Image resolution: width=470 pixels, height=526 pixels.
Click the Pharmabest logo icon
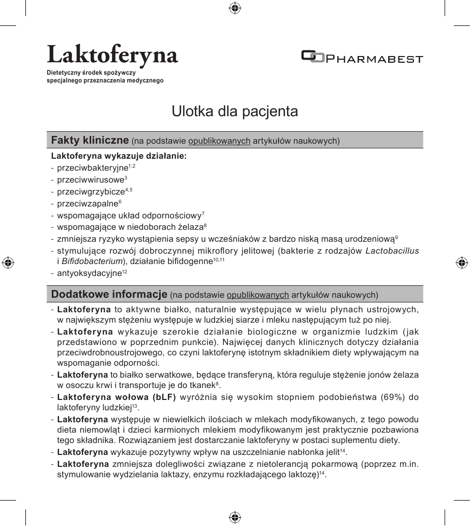[312, 57]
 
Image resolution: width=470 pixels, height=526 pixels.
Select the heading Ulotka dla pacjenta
[235, 112]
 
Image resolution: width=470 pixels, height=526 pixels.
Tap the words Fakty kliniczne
[90, 140]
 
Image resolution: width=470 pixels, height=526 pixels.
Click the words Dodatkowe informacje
[109, 295]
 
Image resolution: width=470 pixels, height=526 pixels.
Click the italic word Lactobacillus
[392, 252]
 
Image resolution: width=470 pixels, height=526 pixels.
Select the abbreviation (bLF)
[162, 398]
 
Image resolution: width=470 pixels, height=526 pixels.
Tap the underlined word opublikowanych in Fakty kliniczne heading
[219, 141]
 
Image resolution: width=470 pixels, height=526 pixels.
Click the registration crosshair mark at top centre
[235, 8]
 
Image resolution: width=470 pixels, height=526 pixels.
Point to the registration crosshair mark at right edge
[462, 262]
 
